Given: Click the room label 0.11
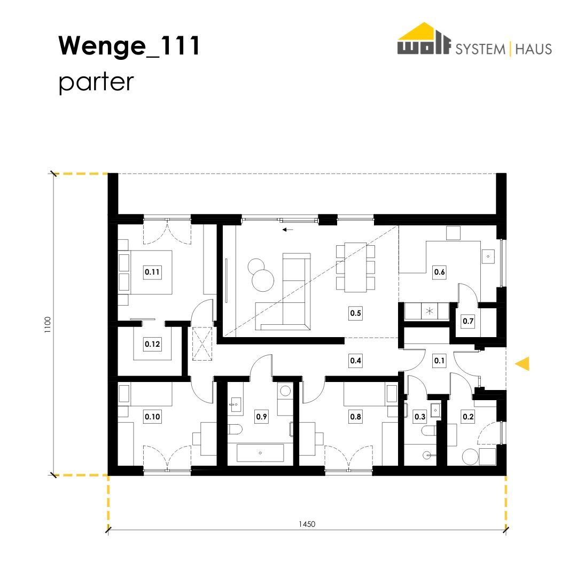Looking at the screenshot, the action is click(152, 272).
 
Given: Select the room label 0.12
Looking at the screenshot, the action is click(152, 344).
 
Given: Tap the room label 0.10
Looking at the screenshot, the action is click(152, 417).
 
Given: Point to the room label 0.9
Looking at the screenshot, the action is click(261, 417).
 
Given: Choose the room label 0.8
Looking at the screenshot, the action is click(355, 417).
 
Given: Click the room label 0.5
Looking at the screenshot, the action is click(355, 313).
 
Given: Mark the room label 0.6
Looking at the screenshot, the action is click(439, 272).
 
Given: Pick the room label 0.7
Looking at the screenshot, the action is click(468, 321).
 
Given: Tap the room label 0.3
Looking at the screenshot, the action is click(420, 417).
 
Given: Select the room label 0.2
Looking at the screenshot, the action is click(468, 417).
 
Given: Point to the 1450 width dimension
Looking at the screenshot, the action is click(307, 524).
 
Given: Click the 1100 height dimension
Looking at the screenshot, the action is click(48, 325).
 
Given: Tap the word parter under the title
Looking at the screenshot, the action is click(96, 82).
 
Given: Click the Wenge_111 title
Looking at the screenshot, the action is click(129, 45).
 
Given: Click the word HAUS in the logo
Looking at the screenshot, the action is click(534, 49).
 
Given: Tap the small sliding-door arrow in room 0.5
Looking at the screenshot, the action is click(288, 230).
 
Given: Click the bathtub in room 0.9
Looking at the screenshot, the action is click(260, 453).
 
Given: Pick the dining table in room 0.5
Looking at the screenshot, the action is click(355, 267).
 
